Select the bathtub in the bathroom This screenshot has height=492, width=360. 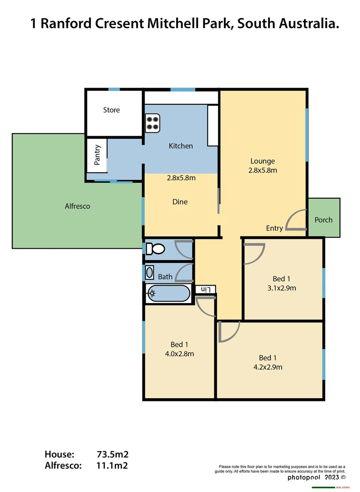[x=167, y=293]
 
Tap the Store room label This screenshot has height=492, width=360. [x=112, y=110]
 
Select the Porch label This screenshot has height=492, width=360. [x=324, y=220]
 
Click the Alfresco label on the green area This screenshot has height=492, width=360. [x=77, y=206]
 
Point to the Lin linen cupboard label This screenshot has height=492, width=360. [x=205, y=289]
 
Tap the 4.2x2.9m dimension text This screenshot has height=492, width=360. [x=271, y=367]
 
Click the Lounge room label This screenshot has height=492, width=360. [x=263, y=161]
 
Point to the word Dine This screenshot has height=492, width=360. [x=180, y=202]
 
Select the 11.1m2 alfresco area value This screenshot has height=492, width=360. [x=112, y=466]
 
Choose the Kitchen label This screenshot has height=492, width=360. [x=181, y=146]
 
